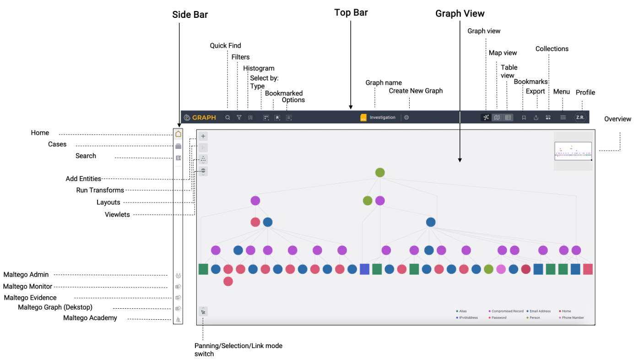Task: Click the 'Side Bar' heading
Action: pyautogui.click(x=190, y=15)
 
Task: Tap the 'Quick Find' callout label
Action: pyautogui.click(x=225, y=46)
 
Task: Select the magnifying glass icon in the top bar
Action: pyautogui.click(x=227, y=118)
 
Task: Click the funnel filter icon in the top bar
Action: pyautogui.click(x=239, y=118)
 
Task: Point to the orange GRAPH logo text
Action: pyautogui.click(x=204, y=118)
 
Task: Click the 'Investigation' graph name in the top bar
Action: pyautogui.click(x=382, y=118)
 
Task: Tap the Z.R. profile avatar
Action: pyautogui.click(x=580, y=118)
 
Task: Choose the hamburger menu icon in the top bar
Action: pyautogui.click(x=563, y=118)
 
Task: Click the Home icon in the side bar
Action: pyautogui.click(x=178, y=134)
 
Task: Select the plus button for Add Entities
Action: pyautogui.click(x=203, y=136)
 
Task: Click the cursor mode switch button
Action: pyautogui.click(x=203, y=312)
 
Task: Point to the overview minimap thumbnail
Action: pyautogui.click(x=573, y=151)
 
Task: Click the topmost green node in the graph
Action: pyautogui.click(x=379, y=173)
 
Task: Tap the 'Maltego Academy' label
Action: pyautogui.click(x=90, y=318)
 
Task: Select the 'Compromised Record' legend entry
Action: pyautogui.click(x=507, y=311)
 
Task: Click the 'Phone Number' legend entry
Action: pyautogui.click(x=573, y=318)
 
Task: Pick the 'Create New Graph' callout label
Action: pyautogui.click(x=416, y=91)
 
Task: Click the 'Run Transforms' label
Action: pyautogui.click(x=100, y=190)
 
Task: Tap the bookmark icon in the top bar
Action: pyautogui.click(x=524, y=118)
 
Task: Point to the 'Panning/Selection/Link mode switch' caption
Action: pyautogui.click(x=238, y=350)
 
